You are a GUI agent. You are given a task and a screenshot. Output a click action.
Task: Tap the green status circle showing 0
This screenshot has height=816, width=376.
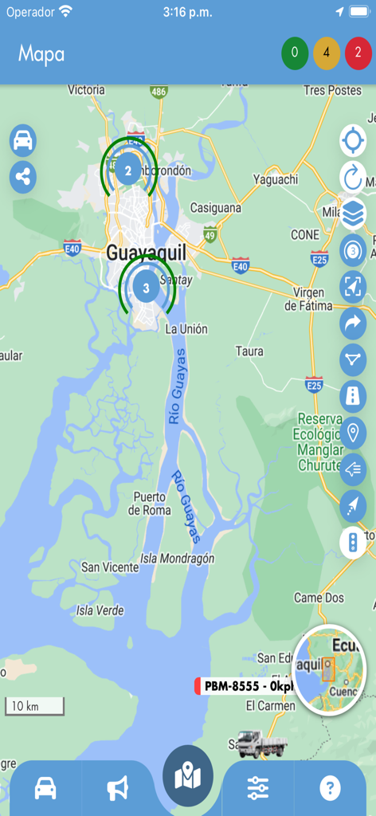295,53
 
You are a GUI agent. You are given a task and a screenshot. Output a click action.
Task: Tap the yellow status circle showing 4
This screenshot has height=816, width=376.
327,53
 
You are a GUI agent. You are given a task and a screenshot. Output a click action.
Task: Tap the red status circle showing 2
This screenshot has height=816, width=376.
358,53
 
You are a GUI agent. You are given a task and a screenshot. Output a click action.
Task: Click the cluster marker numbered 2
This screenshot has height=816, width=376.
128,169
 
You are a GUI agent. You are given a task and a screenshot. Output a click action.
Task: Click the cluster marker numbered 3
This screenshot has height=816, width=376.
146,287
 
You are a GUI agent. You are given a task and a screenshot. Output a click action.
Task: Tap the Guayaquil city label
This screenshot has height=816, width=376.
146,253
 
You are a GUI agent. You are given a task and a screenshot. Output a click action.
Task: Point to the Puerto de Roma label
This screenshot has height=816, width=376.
149,504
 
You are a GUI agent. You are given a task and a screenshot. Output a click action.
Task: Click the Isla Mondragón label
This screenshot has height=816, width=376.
177,559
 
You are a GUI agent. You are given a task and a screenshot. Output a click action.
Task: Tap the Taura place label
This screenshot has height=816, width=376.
249,351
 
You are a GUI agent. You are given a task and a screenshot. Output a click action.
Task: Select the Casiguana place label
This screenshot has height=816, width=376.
215,208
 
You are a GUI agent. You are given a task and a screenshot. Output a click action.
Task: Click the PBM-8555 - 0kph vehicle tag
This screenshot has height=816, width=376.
245,686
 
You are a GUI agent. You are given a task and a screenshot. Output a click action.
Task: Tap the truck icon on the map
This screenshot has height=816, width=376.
261,744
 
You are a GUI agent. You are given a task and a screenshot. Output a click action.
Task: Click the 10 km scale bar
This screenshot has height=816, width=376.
34,706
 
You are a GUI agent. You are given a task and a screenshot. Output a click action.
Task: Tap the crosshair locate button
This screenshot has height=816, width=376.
352,141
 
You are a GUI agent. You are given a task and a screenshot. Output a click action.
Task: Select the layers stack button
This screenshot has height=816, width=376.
352,214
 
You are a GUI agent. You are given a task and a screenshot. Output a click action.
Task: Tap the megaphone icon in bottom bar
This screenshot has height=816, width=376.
118,788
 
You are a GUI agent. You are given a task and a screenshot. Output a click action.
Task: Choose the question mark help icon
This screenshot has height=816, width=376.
330,788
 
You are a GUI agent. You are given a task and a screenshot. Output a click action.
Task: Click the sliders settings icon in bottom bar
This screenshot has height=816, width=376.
257,788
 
